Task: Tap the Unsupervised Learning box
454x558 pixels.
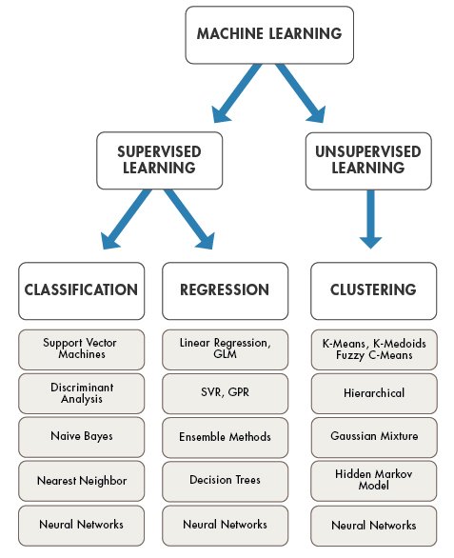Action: tap(366, 160)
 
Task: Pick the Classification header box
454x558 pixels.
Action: tap(81, 290)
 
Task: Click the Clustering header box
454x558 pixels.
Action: tap(374, 290)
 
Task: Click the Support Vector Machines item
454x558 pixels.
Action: tap(81, 348)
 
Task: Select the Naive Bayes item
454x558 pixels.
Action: tap(81, 435)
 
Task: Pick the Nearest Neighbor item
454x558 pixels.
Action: tap(81, 480)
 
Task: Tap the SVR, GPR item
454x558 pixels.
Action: tap(224, 391)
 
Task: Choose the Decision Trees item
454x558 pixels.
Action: tap(224, 480)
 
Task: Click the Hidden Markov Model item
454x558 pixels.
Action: tap(374, 480)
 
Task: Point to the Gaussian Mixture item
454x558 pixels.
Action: tap(374, 435)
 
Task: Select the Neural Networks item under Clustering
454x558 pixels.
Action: tap(374, 525)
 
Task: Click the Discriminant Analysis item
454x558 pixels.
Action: tap(81, 391)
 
